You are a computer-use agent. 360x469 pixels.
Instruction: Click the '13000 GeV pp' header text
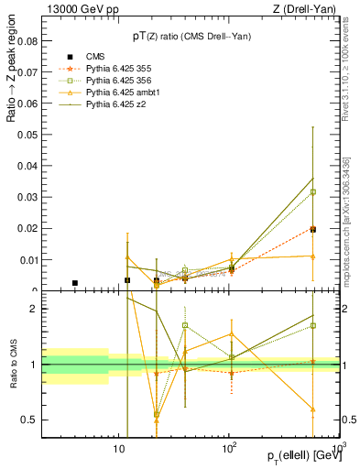coord(78,9)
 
